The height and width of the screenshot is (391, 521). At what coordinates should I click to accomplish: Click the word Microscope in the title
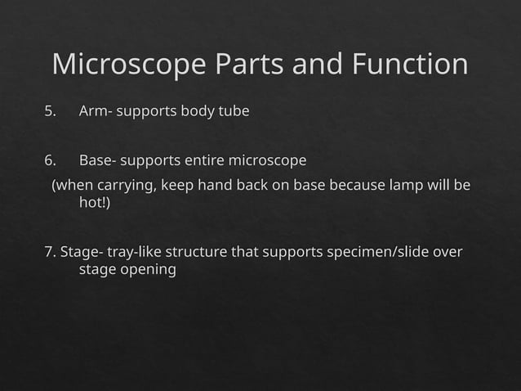coord(127,65)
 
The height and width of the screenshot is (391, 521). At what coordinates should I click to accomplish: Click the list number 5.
coord(51,111)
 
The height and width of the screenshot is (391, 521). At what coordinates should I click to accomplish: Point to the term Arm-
coord(96,111)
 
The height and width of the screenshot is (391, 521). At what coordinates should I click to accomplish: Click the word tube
coord(234,111)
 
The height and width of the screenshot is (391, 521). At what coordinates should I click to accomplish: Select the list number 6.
coord(51,159)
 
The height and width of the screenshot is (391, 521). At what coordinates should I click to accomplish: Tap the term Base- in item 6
coord(98,159)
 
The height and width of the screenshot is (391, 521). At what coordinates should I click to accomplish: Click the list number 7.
coord(50,251)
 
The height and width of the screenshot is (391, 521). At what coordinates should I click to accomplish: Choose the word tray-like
coord(134,251)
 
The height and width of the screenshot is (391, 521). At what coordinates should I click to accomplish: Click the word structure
coord(197,251)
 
